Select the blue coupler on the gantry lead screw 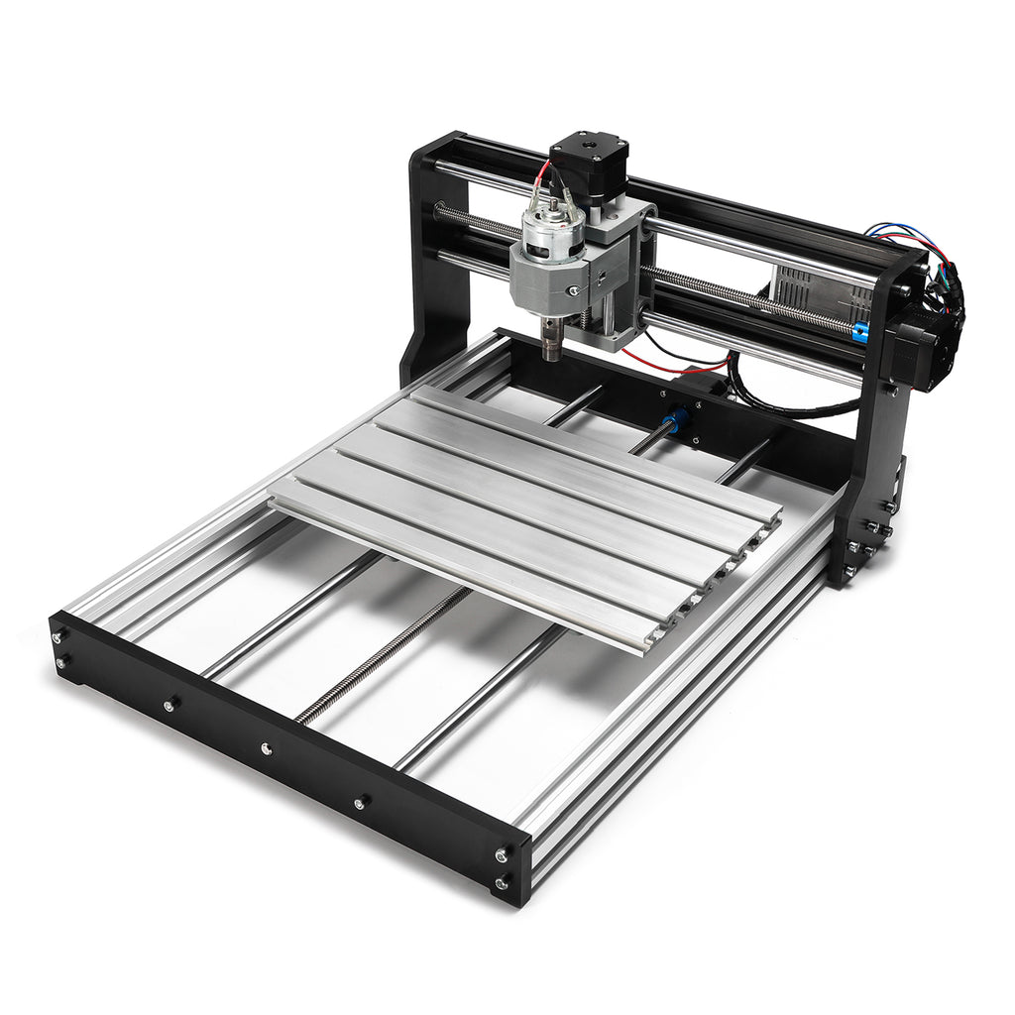pyautogui.click(x=859, y=333)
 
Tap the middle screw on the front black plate pyautogui.click(x=266, y=747)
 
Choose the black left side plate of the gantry pyautogui.click(x=436, y=268)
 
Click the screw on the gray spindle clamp pyautogui.click(x=572, y=289)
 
